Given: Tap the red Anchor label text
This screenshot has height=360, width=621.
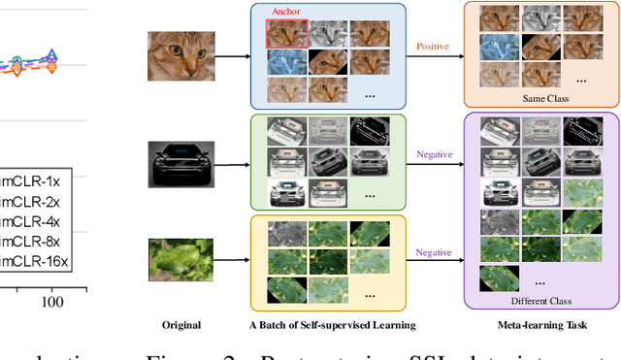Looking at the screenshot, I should [286, 14].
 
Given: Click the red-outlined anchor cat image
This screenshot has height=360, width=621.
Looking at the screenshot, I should [286, 33].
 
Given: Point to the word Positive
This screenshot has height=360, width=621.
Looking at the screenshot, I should [434, 46].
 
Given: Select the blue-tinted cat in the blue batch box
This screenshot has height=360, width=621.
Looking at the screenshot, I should [286, 61].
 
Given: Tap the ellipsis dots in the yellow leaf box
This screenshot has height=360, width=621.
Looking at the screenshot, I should [370, 291].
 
